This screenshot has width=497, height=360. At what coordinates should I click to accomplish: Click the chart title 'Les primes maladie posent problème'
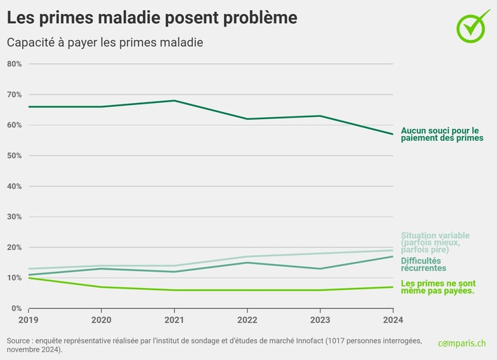[x=151, y=17]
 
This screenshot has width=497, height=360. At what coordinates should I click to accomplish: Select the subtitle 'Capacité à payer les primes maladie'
[x=104, y=43]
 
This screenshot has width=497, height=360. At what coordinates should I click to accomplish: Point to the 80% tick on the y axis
[x=15, y=64]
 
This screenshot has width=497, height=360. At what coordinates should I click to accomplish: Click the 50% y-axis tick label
[x=15, y=155]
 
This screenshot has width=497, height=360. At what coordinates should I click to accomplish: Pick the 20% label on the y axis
[x=15, y=247]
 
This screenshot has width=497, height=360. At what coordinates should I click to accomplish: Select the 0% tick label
[x=17, y=308]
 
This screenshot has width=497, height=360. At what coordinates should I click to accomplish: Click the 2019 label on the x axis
[x=29, y=321]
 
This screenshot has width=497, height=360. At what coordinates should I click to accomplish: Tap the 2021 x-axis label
[x=174, y=321]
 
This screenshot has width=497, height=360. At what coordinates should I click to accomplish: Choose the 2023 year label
[x=320, y=321]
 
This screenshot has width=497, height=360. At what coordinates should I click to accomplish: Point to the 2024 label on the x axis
[x=393, y=321]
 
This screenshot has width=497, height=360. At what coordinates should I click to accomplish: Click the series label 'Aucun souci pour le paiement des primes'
[x=442, y=134]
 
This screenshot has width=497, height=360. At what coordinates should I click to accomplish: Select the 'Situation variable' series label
[x=435, y=242]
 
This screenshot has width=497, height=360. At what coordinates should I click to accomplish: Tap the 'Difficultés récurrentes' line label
[x=423, y=264]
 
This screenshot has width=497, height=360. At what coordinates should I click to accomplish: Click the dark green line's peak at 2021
[x=174, y=100]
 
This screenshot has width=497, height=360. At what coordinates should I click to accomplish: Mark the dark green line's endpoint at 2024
[x=393, y=134]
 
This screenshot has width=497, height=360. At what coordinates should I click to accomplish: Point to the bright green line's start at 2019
[x=29, y=278]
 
